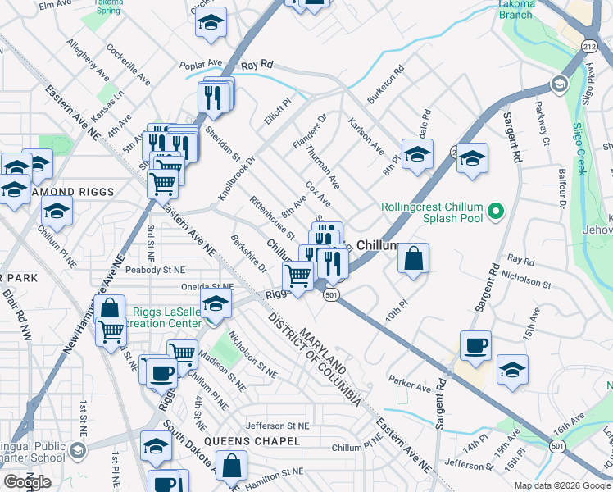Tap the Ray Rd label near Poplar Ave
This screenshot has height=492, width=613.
257,64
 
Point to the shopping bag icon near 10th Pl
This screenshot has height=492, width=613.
415,258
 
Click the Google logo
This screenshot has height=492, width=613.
27,482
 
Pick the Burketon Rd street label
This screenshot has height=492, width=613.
386,84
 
